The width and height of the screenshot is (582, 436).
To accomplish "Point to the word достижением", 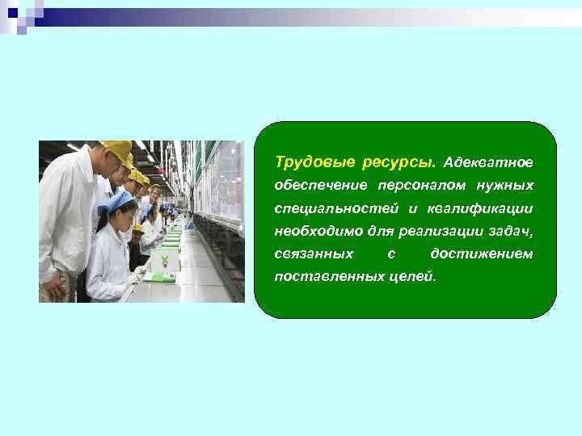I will tap(481, 254).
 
